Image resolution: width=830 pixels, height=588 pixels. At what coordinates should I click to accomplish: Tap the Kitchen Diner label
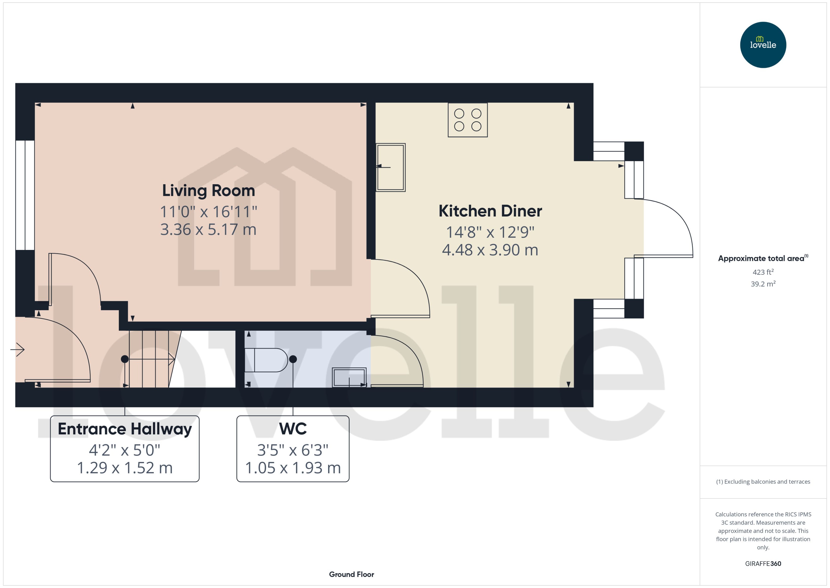coord(490,211)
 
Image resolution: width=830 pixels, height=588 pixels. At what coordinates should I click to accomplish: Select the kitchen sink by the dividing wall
coord(390,167)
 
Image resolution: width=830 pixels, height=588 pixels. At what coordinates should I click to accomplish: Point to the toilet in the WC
coord(266,360)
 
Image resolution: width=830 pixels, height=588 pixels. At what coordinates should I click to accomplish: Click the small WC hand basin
coord(349,377)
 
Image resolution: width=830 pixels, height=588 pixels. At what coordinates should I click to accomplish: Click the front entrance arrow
coord(17,349)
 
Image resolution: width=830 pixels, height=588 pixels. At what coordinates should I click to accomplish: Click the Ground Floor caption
coord(351,574)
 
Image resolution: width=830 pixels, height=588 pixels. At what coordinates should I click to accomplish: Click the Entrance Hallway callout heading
coord(125,429)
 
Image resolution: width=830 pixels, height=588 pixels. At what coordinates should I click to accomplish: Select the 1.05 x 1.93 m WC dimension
coord(293,468)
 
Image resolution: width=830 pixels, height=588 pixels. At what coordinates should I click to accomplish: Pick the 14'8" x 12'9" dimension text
coord(490,232)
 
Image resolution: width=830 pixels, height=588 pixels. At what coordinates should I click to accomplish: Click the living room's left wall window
coord(25,195)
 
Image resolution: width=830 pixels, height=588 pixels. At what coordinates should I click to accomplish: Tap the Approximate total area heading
coord(761,259)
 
